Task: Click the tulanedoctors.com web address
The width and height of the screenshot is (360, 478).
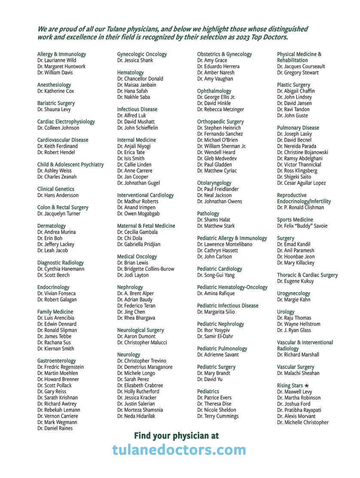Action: (x=179, y=450)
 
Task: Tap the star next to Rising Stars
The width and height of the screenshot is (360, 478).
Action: (x=307, y=386)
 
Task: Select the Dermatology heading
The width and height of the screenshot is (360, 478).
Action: (x=52, y=226)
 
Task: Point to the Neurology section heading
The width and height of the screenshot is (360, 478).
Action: (x=128, y=355)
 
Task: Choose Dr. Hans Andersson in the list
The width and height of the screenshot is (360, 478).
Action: (x=58, y=195)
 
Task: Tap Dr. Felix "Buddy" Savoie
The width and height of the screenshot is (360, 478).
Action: (x=302, y=226)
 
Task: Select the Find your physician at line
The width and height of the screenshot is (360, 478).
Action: (x=176, y=435)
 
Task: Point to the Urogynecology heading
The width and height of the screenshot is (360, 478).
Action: (x=293, y=294)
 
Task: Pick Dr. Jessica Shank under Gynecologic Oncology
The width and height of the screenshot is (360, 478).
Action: (x=135, y=61)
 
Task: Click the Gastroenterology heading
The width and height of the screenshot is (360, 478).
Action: (x=56, y=361)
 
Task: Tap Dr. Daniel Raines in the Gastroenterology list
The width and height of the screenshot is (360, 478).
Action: (x=55, y=428)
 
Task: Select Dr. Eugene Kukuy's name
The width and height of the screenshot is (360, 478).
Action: (x=296, y=281)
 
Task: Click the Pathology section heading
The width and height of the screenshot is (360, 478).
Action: (x=208, y=214)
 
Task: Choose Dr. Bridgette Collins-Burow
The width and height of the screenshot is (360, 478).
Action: (x=146, y=269)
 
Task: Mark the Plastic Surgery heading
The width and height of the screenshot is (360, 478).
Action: (x=293, y=85)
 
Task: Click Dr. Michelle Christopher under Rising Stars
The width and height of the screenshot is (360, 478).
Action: (x=303, y=423)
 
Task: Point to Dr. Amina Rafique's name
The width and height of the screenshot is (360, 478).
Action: (x=216, y=294)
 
